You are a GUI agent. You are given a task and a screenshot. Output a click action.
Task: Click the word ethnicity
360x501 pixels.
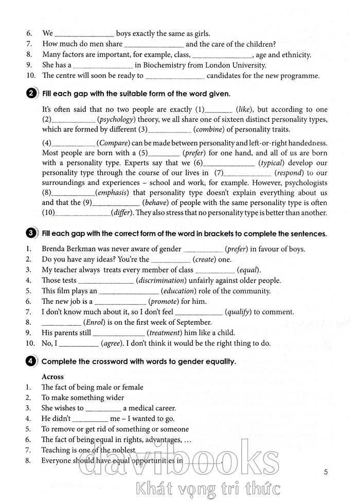coord(294,55)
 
